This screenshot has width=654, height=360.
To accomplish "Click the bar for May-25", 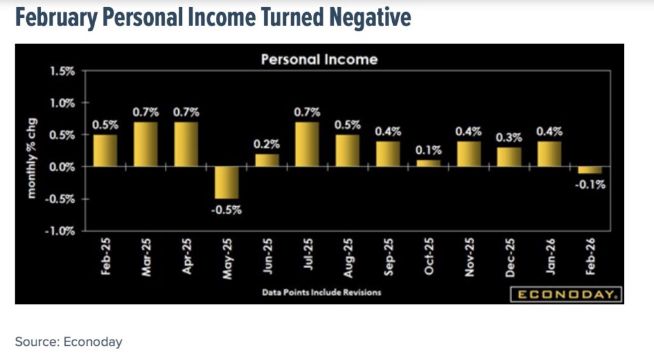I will [x=226, y=183].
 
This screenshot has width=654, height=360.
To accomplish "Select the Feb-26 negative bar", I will [x=589, y=170].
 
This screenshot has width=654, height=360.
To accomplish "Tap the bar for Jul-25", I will [x=308, y=144].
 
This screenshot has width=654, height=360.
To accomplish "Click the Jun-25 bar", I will [x=267, y=160].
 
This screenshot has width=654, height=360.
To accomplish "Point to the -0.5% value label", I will [x=226, y=209].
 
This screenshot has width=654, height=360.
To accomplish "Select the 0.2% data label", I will [x=267, y=144].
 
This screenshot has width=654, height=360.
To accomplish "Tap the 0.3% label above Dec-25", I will [x=509, y=137].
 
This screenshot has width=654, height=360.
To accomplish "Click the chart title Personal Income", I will [x=319, y=59].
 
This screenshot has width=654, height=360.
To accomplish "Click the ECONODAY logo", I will [x=565, y=294].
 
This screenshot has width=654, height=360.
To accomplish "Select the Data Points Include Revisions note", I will [x=322, y=292].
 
